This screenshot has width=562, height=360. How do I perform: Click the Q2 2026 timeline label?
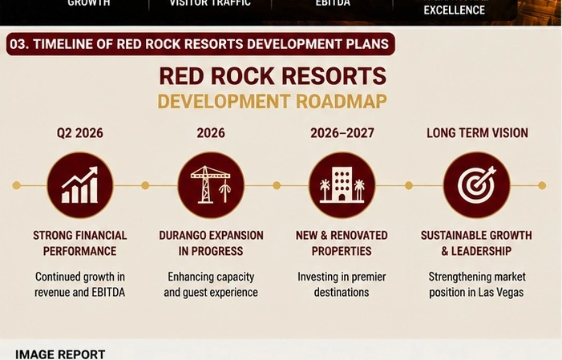point(80,133)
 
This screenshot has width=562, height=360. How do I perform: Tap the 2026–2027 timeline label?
point(342,133)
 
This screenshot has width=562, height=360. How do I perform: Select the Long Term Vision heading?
point(477,133)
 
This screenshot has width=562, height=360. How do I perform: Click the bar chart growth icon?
point(80,185)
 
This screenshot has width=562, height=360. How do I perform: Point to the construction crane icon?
point(211,184)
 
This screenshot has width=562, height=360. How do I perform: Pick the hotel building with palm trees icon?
point(342,184)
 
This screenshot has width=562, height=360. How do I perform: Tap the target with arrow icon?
point(477,184)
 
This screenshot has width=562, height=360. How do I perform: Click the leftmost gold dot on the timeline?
point(17,185)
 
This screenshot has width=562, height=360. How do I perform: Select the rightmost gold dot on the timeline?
point(542,185)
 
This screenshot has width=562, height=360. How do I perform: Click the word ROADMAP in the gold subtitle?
point(342,102)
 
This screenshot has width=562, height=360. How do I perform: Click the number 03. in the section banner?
point(19,44)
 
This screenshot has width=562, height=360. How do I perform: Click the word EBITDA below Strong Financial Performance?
point(108,292)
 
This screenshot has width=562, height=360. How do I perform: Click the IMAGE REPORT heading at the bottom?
point(60,354)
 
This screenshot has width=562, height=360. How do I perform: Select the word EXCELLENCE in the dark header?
point(454,10)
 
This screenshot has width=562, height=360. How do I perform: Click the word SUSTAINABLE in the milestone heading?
point(452,235)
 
